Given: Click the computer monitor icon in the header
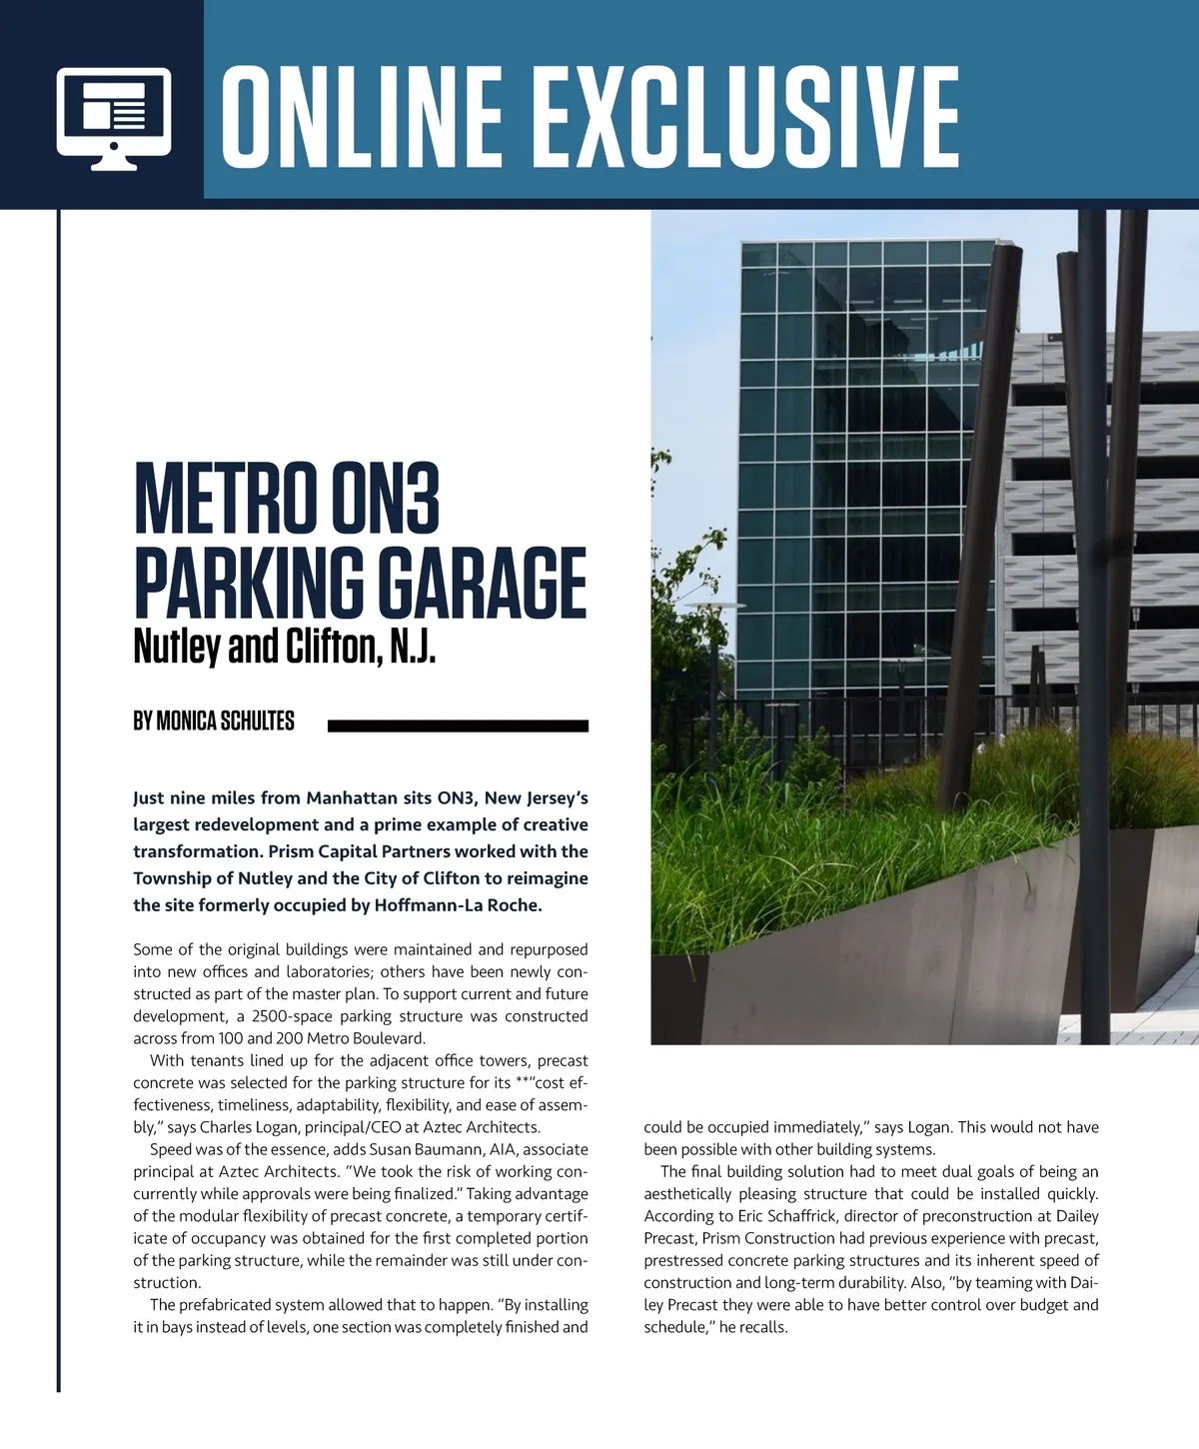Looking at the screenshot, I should pyautogui.click(x=114, y=118).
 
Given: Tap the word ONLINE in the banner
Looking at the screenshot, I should pyautogui.click(x=361, y=118).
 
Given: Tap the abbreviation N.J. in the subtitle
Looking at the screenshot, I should pyautogui.click(x=413, y=648).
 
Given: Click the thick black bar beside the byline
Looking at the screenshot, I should pyautogui.click(x=458, y=726).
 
